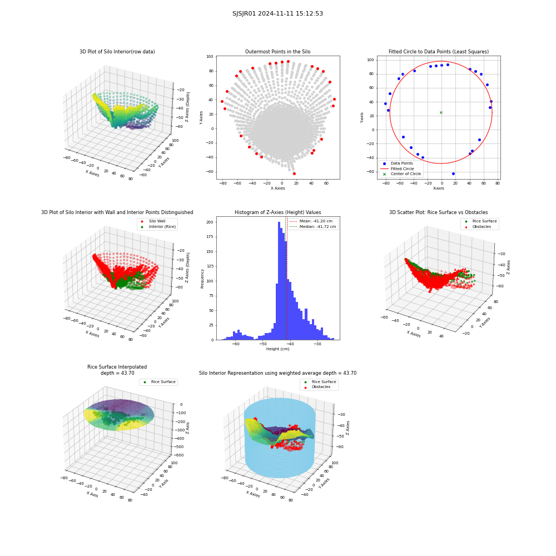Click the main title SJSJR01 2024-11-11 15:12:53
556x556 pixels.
click(x=277, y=13)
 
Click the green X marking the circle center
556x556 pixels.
click(x=441, y=113)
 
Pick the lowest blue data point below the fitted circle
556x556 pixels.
click(x=453, y=173)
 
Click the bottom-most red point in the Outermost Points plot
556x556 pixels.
click(x=294, y=173)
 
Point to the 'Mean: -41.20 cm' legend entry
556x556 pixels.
click(x=311, y=221)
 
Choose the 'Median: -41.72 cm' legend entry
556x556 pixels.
click(x=312, y=227)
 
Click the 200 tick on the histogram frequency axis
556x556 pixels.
click(x=210, y=222)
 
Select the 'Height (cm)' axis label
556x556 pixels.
click(x=277, y=349)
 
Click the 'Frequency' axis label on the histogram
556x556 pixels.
click(x=202, y=279)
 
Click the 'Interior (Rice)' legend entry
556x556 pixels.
click(x=158, y=227)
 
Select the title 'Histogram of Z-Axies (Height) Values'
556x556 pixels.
click(x=277, y=212)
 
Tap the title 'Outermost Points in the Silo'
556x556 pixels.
click(x=277, y=52)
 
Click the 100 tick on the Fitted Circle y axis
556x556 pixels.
click(x=370, y=60)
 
